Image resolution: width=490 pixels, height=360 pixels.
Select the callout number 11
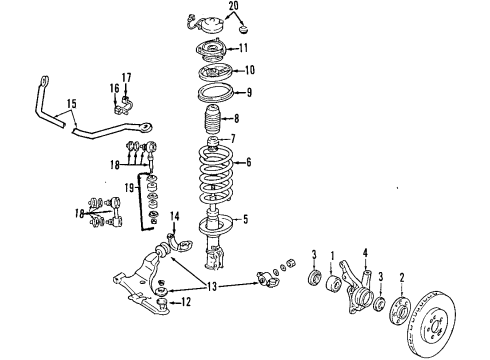[x=242, y=48]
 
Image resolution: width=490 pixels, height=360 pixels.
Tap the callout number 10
[x=248, y=70]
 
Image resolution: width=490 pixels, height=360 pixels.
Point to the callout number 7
[x=232, y=138]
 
